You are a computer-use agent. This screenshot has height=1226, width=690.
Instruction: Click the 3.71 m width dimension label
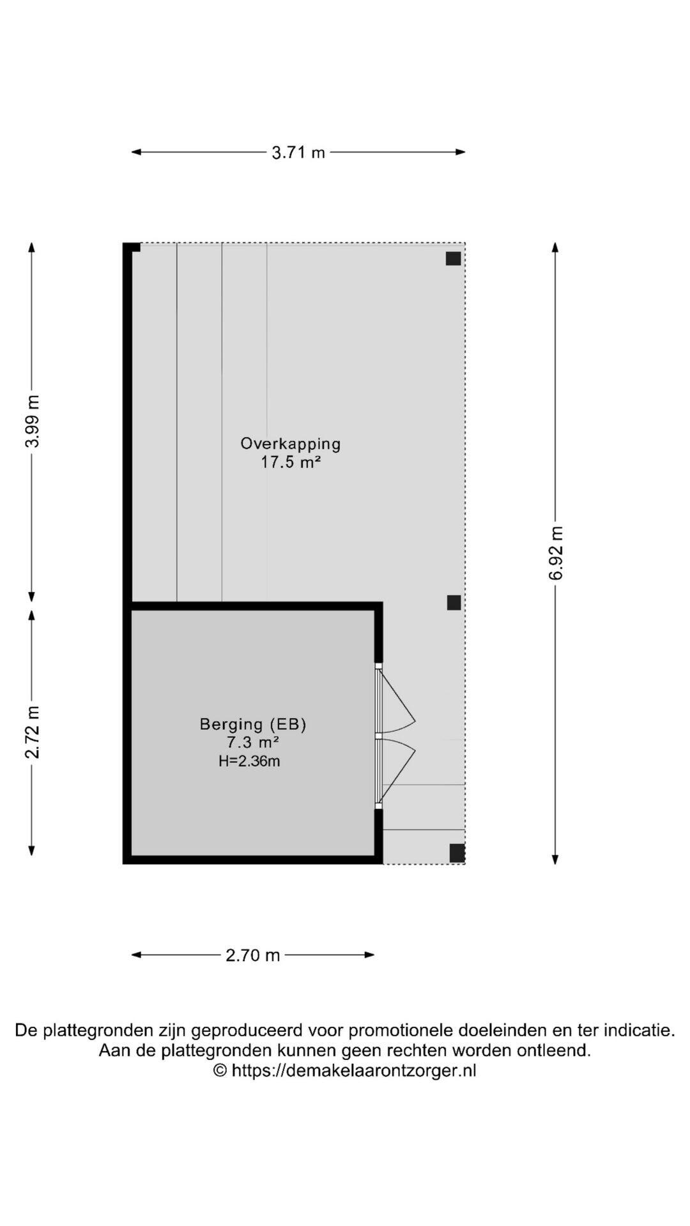point(298,153)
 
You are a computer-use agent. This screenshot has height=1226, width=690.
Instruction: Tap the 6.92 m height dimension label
point(556,553)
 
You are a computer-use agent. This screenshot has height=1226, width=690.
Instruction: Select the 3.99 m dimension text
point(33,421)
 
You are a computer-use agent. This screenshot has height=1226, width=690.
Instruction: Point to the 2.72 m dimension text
point(33,732)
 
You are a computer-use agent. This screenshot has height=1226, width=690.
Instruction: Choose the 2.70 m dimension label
point(253,955)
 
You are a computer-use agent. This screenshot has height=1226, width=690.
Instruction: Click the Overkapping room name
point(291,444)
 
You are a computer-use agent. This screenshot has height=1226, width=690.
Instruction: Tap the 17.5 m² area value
point(291,462)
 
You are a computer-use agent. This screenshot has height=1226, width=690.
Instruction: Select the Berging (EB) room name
point(253,724)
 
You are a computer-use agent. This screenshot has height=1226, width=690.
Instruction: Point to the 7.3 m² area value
point(253,742)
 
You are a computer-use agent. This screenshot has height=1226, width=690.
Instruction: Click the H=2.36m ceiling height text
point(249,761)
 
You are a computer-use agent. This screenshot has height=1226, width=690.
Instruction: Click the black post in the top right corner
point(454,259)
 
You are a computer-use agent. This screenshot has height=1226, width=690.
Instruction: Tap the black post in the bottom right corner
point(457,853)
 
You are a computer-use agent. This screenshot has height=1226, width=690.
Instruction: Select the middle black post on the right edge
point(454,603)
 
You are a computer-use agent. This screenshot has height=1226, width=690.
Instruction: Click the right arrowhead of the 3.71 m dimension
point(461,152)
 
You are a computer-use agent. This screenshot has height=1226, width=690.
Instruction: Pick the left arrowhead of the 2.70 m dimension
point(136,955)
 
